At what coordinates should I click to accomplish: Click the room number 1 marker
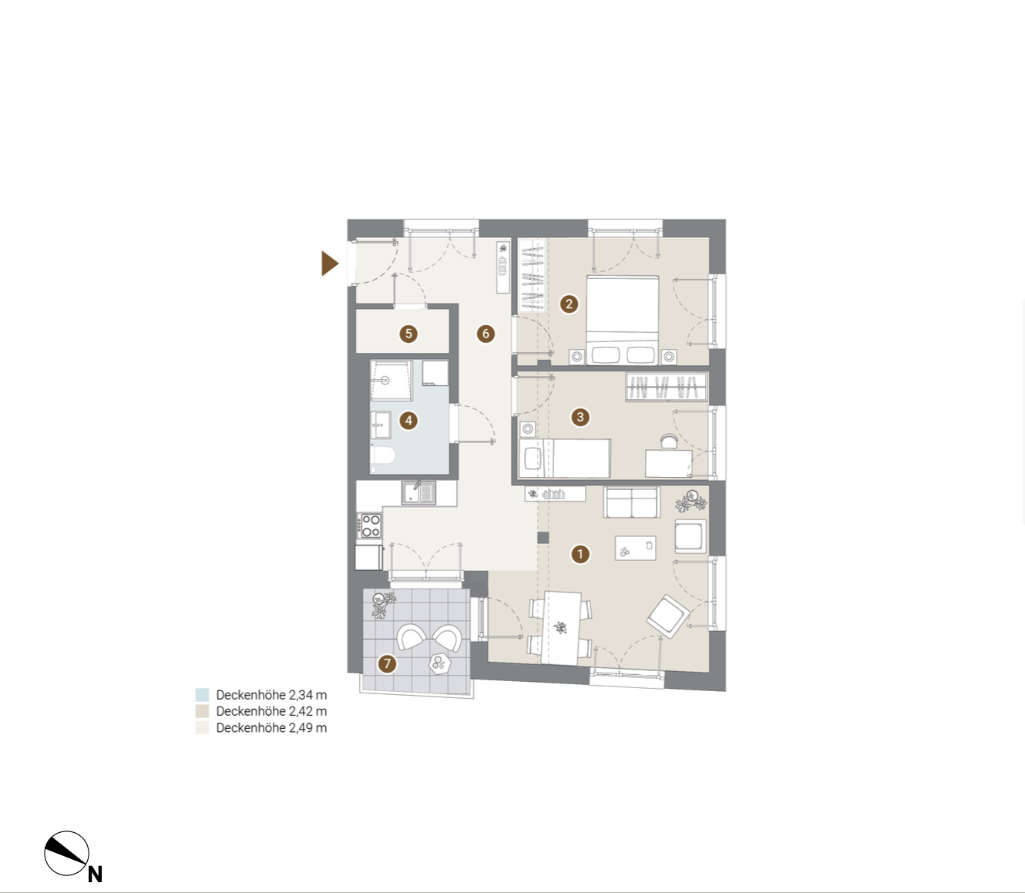pyautogui.click(x=580, y=554)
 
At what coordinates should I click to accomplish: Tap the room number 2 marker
pyautogui.click(x=569, y=304)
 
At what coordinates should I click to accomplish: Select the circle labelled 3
pyautogui.click(x=580, y=417)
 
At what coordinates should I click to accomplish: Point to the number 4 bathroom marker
pyautogui.click(x=408, y=420)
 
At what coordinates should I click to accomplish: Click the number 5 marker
pyautogui.click(x=408, y=334)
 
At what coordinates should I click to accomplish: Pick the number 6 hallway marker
pyautogui.click(x=485, y=334)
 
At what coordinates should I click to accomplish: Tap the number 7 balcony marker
pyautogui.click(x=387, y=664)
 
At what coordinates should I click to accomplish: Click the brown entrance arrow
pyautogui.click(x=330, y=264)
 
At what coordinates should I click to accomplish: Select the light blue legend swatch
pyautogui.click(x=202, y=695)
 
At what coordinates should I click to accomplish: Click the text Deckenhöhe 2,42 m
pyautogui.click(x=271, y=711)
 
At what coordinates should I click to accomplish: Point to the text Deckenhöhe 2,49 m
pyautogui.click(x=271, y=727)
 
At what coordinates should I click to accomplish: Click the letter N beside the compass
pyautogui.click(x=95, y=874)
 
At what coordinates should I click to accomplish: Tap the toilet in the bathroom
pyautogui.click(x=383, y=456)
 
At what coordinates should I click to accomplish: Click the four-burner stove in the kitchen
pyautogui.click(x=369, y=525)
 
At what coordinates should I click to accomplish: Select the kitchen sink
pyautogui.click(x=418, y=493)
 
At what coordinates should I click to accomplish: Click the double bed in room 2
pyautogui.click(x=622, y=320)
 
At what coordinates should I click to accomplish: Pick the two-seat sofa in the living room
pyautogui.click(x=631, y=502)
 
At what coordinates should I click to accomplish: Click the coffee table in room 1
pyautogui.click(x=635, y=548)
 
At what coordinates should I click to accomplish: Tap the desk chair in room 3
pyautogui.click(x=668, y=441)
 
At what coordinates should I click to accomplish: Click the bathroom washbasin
pyautogui.click(x=381, y=425)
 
